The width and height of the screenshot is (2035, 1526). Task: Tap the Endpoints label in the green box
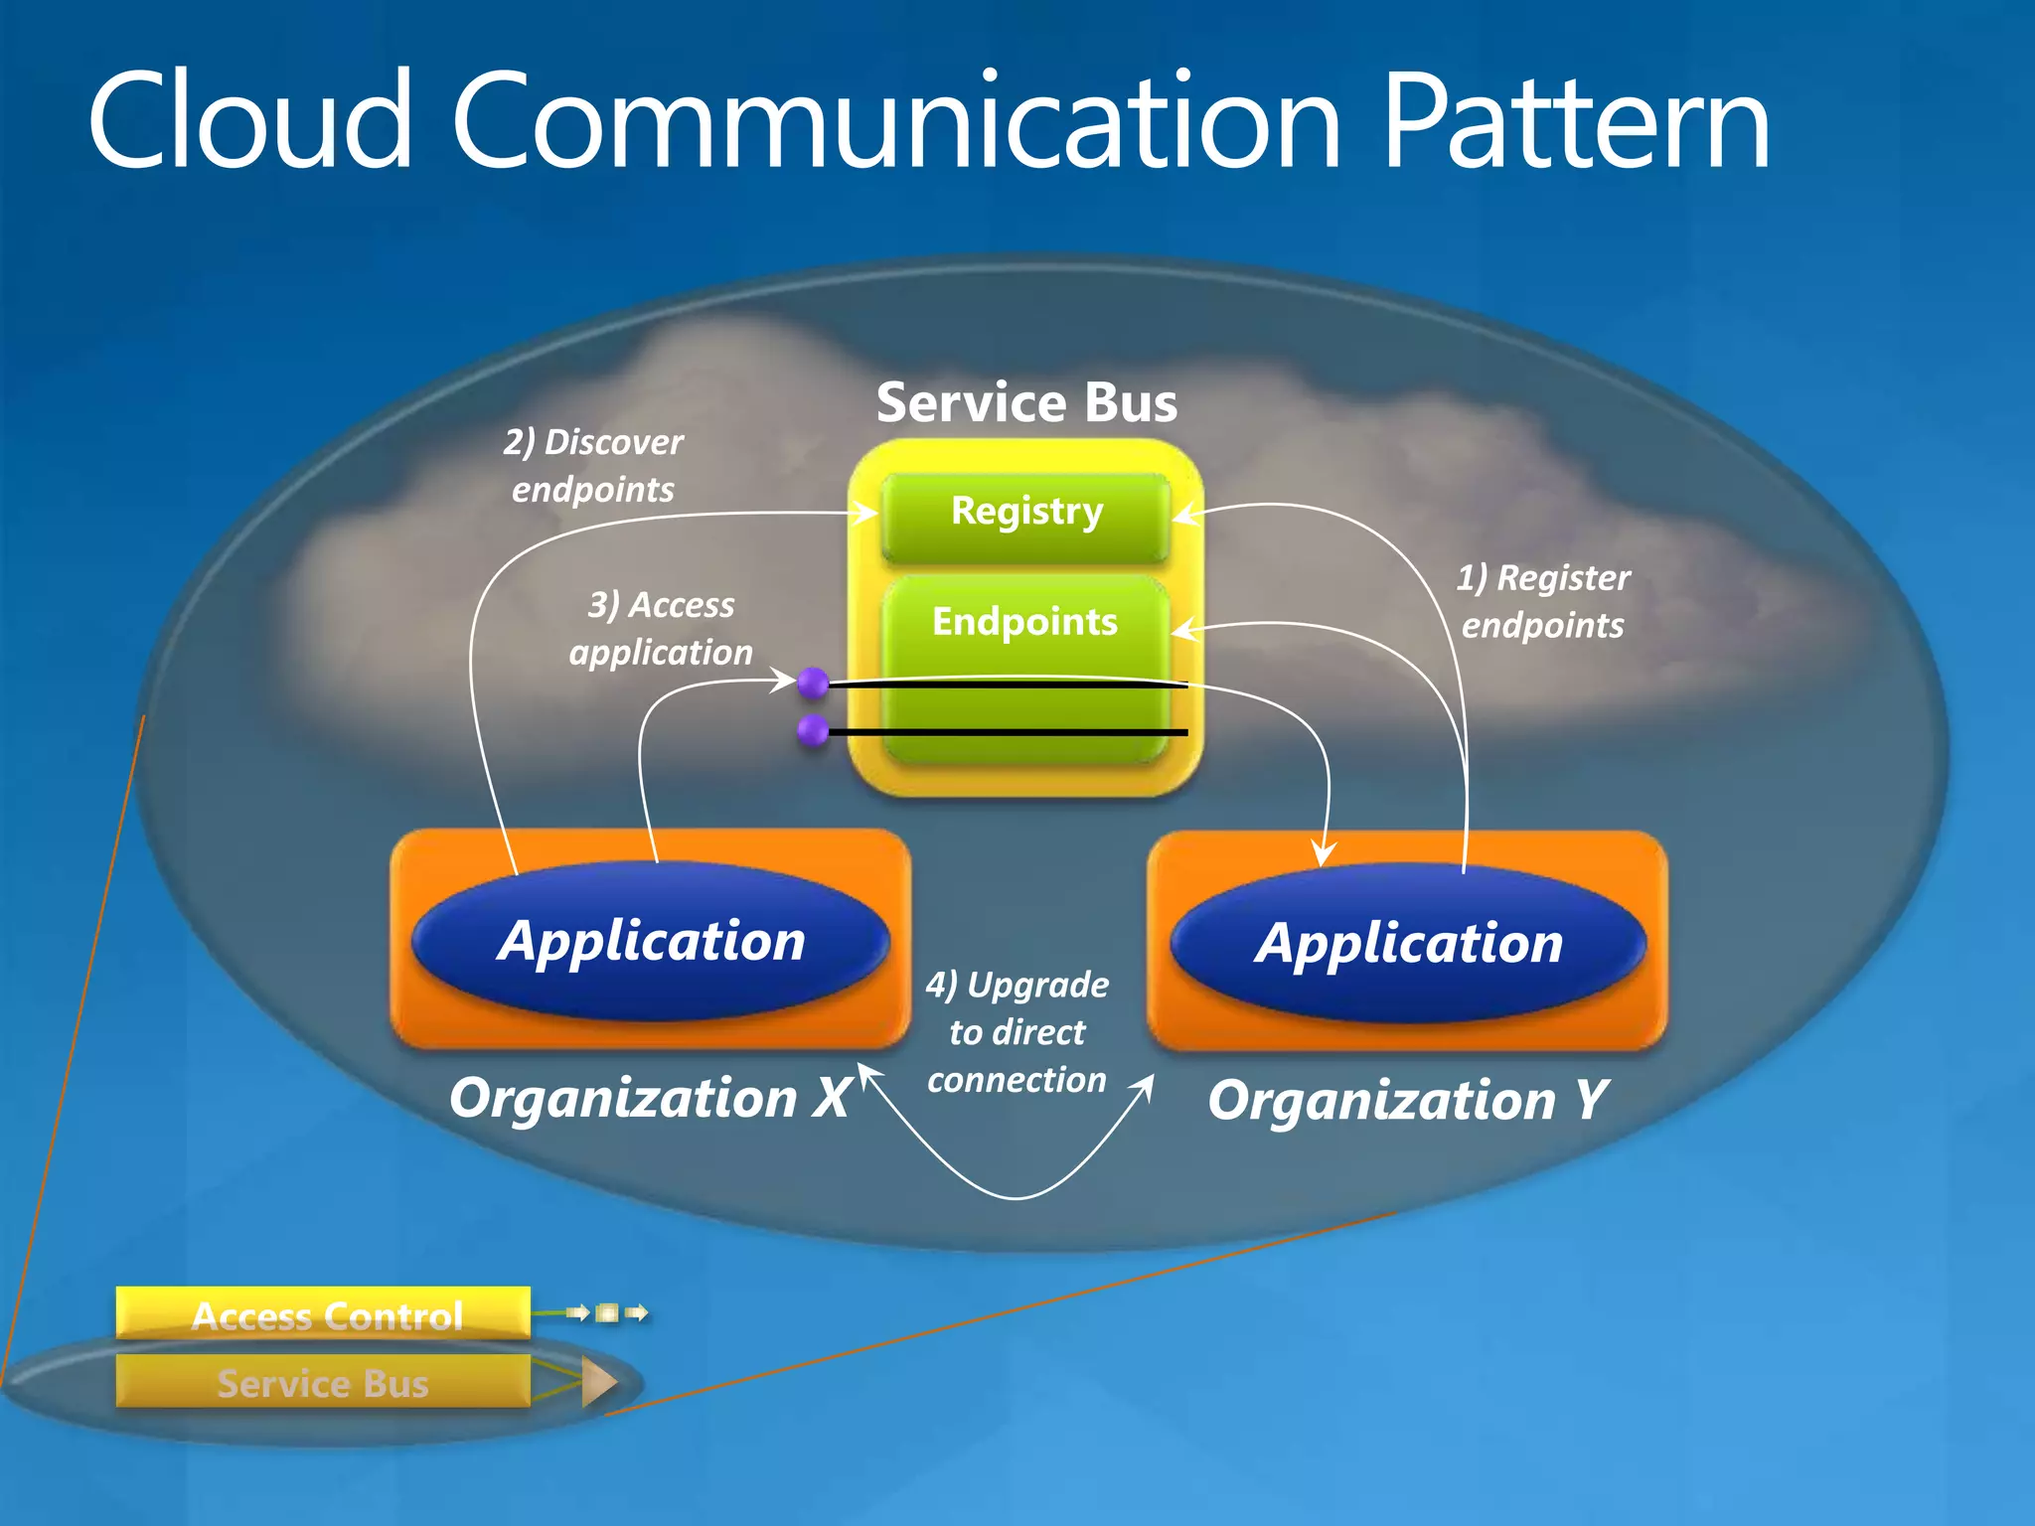coord(1024,622)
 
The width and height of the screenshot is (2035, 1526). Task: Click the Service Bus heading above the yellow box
coord(1026,402)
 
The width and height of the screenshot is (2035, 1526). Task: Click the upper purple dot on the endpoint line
coord(813,683)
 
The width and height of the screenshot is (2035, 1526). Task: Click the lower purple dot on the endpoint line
coord(813,730)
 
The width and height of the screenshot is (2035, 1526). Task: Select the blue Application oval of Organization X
coord(651,941)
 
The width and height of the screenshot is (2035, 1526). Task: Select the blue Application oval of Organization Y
coord(1408,943)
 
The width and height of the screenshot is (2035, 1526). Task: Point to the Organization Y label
coord(1407,1101)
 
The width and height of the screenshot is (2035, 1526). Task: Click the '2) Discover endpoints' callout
coord(593,466)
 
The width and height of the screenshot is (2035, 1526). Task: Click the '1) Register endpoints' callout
coord(1543,601)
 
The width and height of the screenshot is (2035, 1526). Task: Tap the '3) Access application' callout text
coord(661,628)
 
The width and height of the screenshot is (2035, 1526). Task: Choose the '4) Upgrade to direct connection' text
coord(1017,1031)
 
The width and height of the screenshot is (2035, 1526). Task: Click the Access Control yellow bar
coord(324,1314)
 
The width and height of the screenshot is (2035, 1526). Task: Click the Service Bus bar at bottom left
coord(324,1382)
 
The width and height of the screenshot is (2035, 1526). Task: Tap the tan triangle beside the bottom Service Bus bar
coord(598,1382)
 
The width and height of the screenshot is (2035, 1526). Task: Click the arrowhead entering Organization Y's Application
coord(1323,854)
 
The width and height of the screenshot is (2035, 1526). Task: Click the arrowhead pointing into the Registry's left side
coord(865,513)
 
